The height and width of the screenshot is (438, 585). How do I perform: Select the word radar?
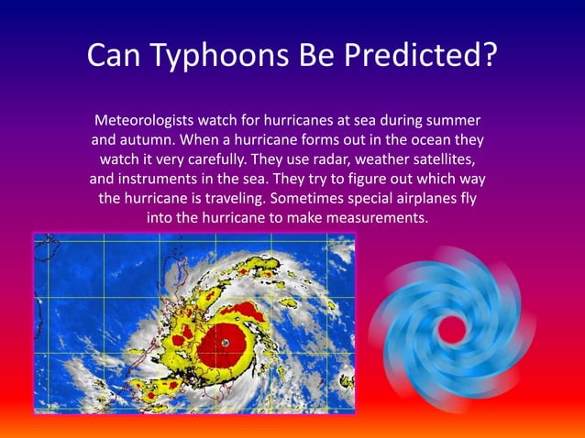coord(348,161)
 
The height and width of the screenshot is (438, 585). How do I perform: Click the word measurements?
coord(380,219)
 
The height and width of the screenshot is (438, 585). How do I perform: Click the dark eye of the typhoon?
coord(225,342)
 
